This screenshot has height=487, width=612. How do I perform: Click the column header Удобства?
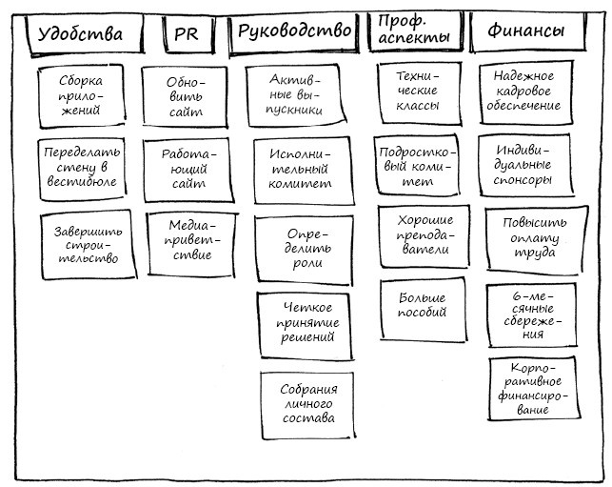[x=80, y=34]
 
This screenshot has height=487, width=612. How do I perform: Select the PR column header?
[x=186, y=34]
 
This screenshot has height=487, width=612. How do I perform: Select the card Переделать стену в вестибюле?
[x=82, y=169]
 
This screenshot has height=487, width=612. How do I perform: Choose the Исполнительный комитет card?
[x=299, y=169]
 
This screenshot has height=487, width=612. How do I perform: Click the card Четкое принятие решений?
[x=308, y=322]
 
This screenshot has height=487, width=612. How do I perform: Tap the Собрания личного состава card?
[x=307, y=403]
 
